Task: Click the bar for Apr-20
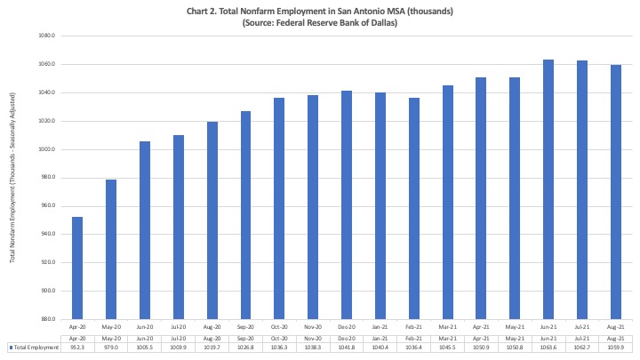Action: [77, 268]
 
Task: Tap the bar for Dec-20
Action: [347, 204]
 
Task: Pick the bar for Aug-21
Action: [616, 192]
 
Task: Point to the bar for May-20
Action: [111, 249]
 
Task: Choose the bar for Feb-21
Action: [414, 208]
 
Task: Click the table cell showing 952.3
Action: [77, 347]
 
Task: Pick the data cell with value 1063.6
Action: [548, 347]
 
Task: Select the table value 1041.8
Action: [347, 347]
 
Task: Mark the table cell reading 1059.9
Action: [616, 347]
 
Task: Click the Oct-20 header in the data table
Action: [279, 338]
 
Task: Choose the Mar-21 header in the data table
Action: [448, 338]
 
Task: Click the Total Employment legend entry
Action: [33, 347]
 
